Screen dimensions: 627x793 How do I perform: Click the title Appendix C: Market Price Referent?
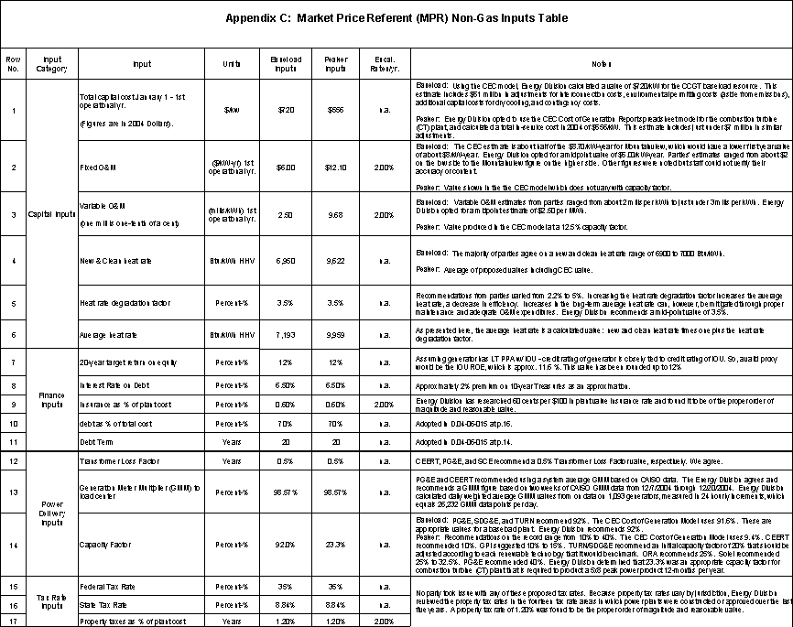coord(396,18)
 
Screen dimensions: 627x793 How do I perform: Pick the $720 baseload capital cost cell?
coord(285,110)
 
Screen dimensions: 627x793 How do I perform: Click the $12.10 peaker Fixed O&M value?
coord(335,168)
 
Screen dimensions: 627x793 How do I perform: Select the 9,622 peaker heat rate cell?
coord(335,261)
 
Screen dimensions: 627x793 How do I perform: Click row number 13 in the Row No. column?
coord(14,492)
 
